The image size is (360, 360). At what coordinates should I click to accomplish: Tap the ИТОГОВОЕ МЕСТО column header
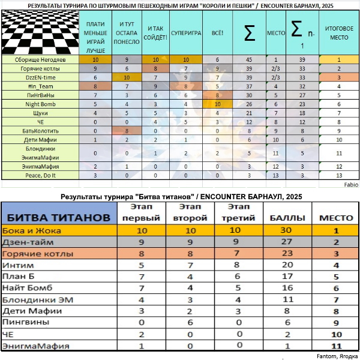pos(338,34)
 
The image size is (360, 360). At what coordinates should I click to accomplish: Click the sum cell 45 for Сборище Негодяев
pos(249,60)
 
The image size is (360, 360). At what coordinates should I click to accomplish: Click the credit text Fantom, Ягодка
pos(337,355)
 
